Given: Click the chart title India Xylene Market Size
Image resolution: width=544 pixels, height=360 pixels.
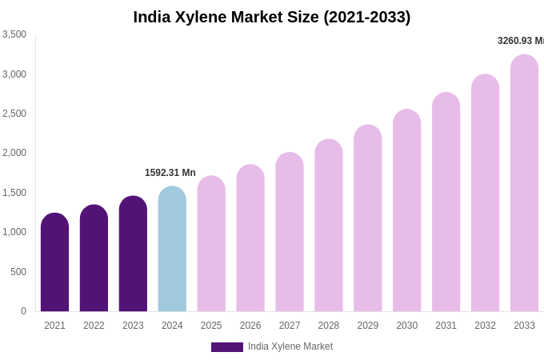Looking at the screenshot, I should [x=272, y=17].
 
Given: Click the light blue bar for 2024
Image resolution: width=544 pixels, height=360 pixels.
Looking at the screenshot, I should [x=172, y=249].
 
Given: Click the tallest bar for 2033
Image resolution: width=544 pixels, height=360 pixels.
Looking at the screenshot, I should [x=524, y=183].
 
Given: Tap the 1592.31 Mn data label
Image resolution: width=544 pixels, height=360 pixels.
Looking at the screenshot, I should [x=170, y=173].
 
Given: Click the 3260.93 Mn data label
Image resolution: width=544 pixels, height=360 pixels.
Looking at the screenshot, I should [x=520, y=41].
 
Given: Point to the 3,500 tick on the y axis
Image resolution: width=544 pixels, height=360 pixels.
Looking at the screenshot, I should [x=14, y=34].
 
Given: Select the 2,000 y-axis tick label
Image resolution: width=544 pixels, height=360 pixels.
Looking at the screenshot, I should [x=14, y=153].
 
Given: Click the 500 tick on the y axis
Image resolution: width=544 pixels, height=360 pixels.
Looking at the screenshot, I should [x=18, y=272].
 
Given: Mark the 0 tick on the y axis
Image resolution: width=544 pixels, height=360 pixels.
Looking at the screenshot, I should [x=23, y=311].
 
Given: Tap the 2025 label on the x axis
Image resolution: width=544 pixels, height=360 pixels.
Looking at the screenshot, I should [x=211, y=326].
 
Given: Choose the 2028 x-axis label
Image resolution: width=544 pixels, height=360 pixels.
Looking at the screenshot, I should [x=329, y=326].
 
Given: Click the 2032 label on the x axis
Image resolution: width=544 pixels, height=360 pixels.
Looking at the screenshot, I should [x=485, y=326].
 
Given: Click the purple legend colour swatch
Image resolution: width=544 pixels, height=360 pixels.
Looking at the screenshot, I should [x=227, y=347].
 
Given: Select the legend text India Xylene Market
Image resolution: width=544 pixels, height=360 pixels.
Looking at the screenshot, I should [x=290, y=346].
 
